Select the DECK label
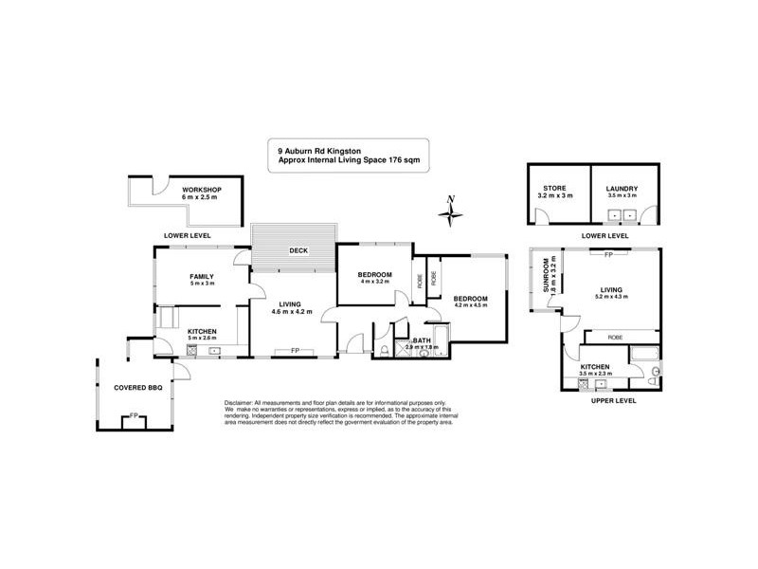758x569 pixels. coord(299,251)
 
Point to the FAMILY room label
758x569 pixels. coord(202,276)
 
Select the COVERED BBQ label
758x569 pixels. coord(135,388)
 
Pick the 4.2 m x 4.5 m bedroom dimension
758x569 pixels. coord(470,305)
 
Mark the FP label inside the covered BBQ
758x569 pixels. coord(134,414)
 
